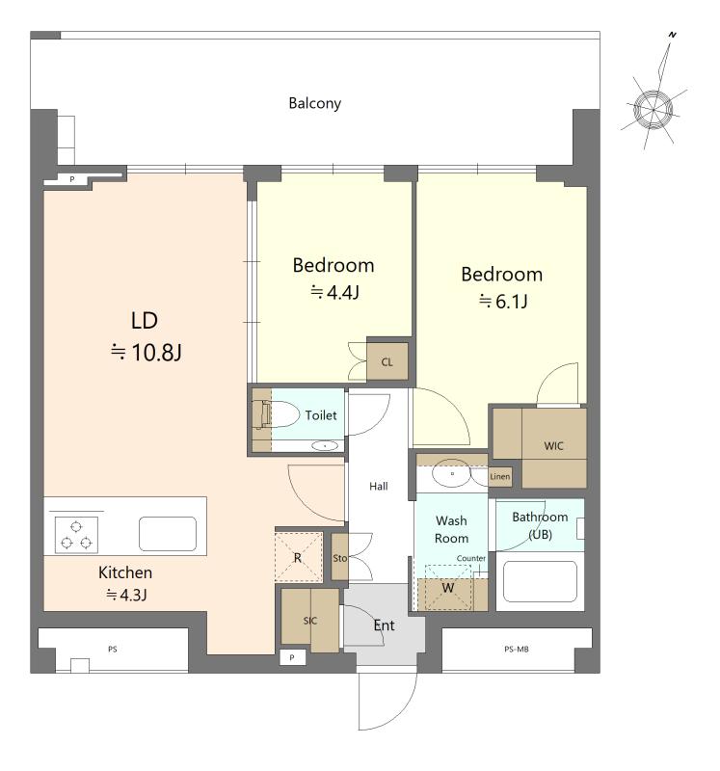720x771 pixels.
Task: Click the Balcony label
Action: point(315,103)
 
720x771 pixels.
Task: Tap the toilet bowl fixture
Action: point(280,414)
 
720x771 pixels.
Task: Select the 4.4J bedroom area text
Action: point(334,293)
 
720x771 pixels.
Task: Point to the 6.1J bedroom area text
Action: point(503,301)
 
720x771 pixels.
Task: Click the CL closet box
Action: point(387,362)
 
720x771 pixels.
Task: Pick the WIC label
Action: point(554,446)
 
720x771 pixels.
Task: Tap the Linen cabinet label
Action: point(499,476)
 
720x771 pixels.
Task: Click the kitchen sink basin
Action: point(168,534)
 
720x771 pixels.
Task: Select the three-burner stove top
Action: point(76,535)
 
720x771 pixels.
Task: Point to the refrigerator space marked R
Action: point(299,557)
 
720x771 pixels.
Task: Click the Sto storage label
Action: point(340,558)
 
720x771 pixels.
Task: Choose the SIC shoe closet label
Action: point(309,621)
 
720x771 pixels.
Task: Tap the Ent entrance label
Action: point(385,625)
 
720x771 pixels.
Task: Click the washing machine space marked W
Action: point(448,588)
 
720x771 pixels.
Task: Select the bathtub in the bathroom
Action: point(540,582)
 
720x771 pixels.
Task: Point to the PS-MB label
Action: point(517,649)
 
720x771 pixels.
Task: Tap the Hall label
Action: point(379,487)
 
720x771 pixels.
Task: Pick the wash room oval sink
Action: point(451,473)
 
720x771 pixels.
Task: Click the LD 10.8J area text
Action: point(146,336)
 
